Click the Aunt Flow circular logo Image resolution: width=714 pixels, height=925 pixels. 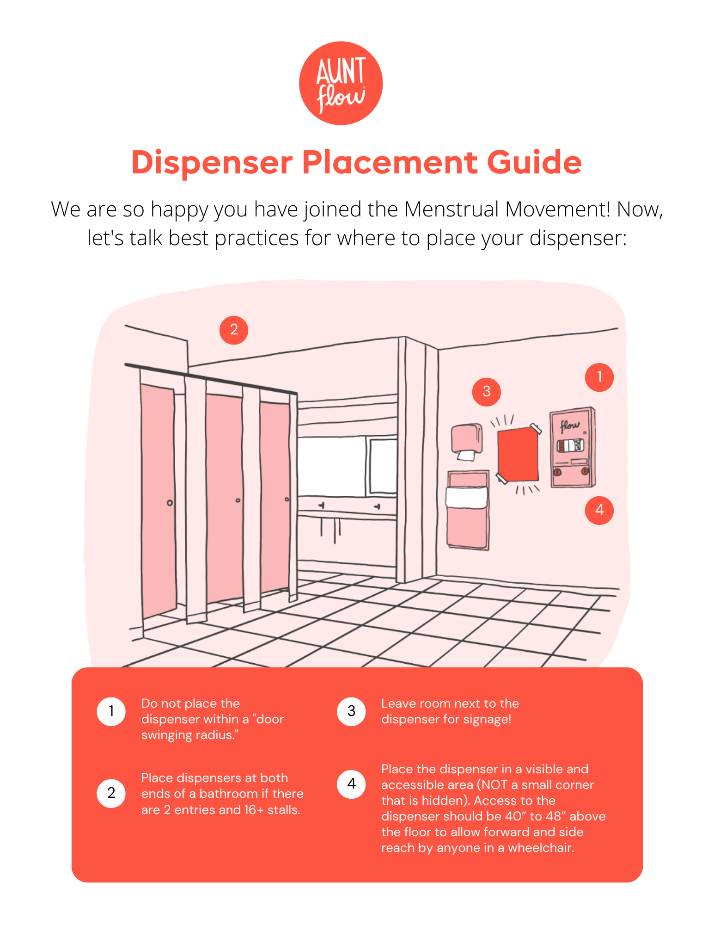click(x=341, y=83)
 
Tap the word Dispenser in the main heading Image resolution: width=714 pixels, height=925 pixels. click(x=212, y=163)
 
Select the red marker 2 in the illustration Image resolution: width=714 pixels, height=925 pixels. click(x=234, y=330)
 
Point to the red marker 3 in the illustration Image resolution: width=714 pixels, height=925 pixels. click(x=486, y=392)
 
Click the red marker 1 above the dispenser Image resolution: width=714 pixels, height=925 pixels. click(x=599, y=377)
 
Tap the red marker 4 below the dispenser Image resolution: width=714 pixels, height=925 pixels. click(x=599, y=510)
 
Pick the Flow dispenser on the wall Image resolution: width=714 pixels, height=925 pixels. click(x=572, y=448)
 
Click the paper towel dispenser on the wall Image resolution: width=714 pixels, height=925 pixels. click(x=467, y=439)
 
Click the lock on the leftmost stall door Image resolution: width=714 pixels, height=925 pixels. click(x=170, y=503)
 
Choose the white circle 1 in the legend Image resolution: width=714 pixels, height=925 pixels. click(x=111, y=711)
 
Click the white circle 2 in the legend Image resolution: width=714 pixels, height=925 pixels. click(x=111, y=793)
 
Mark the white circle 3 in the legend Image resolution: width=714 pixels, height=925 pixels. click(x=351, y=711)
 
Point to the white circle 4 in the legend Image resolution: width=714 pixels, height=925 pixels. click(x=351, y=784)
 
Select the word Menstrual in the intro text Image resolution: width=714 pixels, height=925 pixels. click(x=452, y=210)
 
